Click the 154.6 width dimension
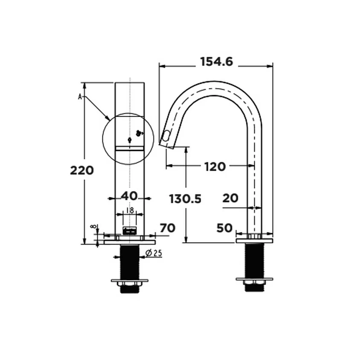217,62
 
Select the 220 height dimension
82,171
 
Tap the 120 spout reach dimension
215,167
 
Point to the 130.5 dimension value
185,199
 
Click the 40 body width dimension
129,196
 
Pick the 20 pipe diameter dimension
230,198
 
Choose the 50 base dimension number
224,228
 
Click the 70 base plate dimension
167,228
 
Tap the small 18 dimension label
130,211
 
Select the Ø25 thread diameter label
153,253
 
